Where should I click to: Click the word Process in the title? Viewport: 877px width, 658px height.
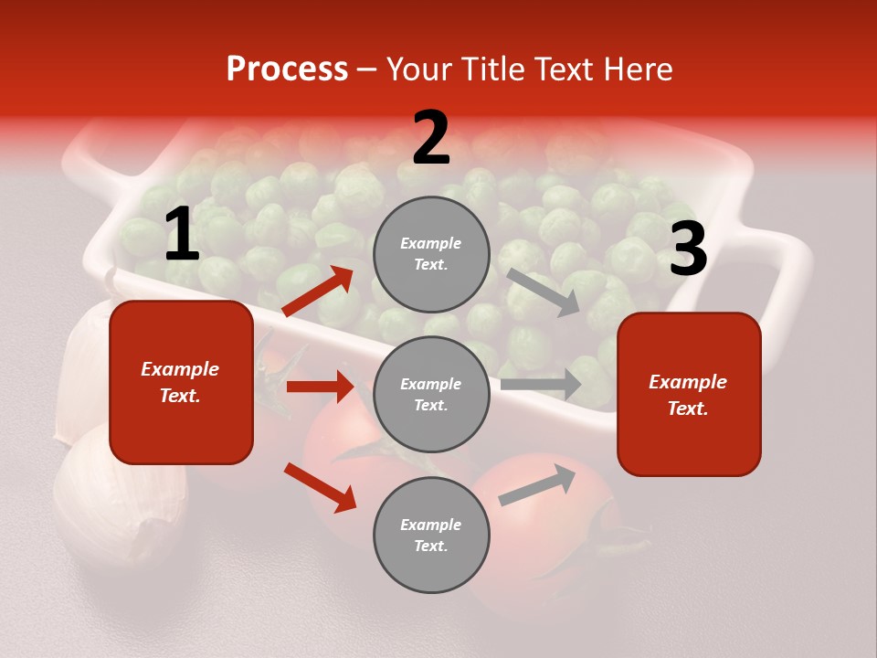287,69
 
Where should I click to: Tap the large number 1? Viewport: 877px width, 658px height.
182,235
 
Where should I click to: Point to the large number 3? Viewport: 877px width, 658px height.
688,249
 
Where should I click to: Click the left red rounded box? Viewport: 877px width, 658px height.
181,382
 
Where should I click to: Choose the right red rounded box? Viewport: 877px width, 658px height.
689,395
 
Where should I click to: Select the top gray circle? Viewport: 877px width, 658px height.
431,254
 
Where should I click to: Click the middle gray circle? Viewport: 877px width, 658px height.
431,395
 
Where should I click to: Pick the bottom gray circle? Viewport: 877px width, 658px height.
431,536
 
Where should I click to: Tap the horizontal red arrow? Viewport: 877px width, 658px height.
321,387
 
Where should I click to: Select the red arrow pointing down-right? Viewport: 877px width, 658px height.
321,487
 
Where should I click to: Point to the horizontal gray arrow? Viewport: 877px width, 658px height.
541,384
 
